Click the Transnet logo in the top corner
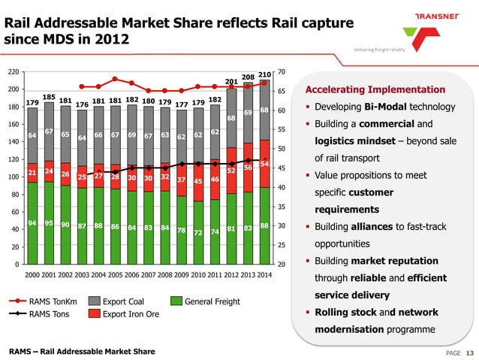click(420, 29)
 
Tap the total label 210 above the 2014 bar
click(264, 74)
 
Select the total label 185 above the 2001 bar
click(49, 97)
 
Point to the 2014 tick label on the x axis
click(264, 275)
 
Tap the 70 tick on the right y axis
click(282, 72)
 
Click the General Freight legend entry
click(211, 302)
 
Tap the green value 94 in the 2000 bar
click(32, 223)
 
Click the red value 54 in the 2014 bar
click(264, 163)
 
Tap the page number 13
click(470, 353)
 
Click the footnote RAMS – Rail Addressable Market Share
click(82, 351)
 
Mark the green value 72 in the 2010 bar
click(198, 233)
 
